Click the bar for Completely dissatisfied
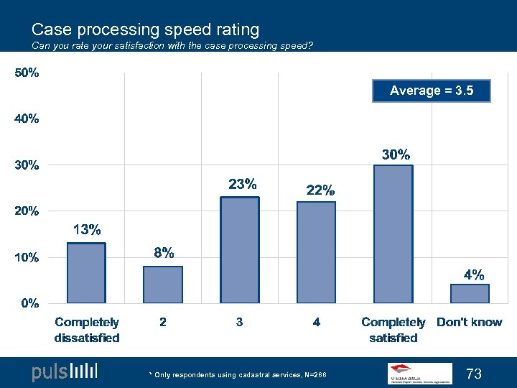(x=86, y=273)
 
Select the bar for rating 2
(x=163, y=285)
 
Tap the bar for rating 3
(x=240, y=250)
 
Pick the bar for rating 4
(x=317, y=252)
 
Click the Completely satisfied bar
(x=393, y=234)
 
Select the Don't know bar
(x=470, y=294)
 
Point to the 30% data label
(x=396, y=154)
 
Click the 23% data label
(x=243, y=184)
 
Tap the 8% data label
(x=164, y=253)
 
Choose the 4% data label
(x=473, y=274)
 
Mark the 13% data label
(x=87, y=230)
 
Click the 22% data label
(x=320, y=190)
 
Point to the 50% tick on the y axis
(x=28, y=73)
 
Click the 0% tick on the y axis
(x=29, y=303)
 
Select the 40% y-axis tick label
(x=28, y=119)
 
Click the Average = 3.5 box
(x=432, y=91)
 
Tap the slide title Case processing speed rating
(x=145, y=29)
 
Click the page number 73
(x=474, y=374)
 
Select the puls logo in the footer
(x=64, y=372)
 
